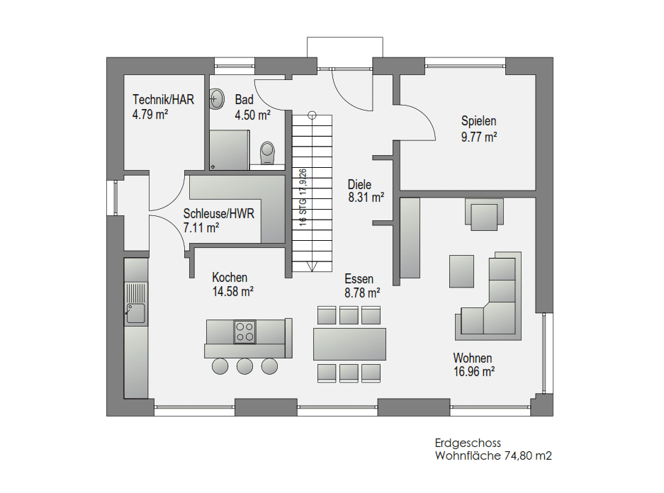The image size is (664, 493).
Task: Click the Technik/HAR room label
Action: [163, 100]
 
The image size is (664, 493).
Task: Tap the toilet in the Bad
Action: [267, 153]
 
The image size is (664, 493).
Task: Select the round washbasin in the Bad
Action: [217, 99]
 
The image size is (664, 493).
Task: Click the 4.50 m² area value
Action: [252, 115]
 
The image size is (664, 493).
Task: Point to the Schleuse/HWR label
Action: [218, 214]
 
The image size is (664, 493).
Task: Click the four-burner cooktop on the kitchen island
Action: [244, 331]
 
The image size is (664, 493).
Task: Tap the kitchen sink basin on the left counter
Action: [135, 313]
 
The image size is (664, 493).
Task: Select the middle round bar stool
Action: [244, 366]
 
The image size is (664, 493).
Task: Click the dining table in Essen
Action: [350, 344]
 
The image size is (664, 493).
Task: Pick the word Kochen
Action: [230, 278]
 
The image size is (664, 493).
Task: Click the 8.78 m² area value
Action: [362, 293]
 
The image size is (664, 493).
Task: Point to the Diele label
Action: [359, 184]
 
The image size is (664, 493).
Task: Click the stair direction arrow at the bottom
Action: [313, 267]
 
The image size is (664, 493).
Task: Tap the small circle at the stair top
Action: [313, 115]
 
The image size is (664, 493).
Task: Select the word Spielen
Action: [478, 121]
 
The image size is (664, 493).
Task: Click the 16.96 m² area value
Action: [474, 372]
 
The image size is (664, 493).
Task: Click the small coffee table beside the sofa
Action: [461, 271]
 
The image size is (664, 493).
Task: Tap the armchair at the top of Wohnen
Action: [485, 215]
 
